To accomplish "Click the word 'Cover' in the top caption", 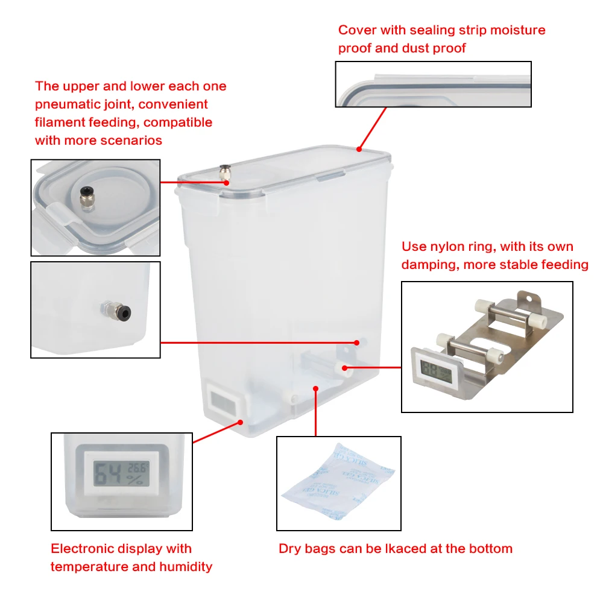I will point(358,30).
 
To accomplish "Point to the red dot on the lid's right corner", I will point(359,148).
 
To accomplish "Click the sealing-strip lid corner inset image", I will point(433,84).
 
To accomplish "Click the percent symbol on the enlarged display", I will point(138,481).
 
